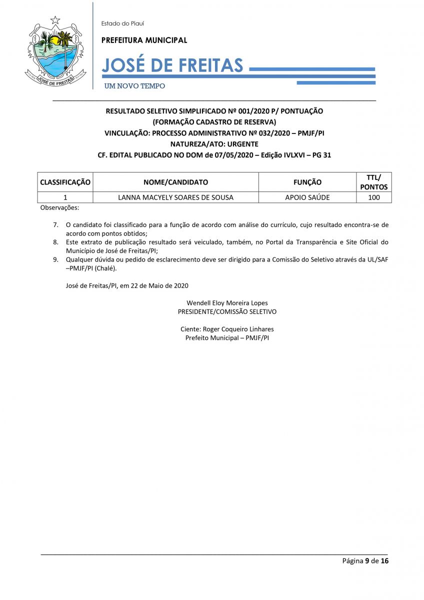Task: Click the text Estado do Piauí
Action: pyautogui.click(x=122, y=23)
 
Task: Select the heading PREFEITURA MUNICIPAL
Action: pyautogui.click(x=144, y=40)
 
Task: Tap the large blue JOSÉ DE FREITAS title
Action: pyautogui.click(x=172, y=65)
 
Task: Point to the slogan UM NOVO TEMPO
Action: pyautogui.click(x=134, y=86)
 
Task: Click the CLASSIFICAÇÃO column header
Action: pyautogui.click(x=65, y=182)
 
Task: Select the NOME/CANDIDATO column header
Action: pyautogui.click(x=175, y=182)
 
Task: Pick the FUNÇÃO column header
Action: pyautogui.click(x=307, y=182)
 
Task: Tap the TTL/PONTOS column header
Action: pyautogui.click(x=373, y=182)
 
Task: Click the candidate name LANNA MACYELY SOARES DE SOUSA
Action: pyautogui.click(x=175, y=197)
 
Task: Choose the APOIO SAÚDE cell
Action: pyautogui.click(x=307, y=197)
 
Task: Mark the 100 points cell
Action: pyautogui.click(x=373, y=197)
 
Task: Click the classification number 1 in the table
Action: pyautogui.click(x=65, y=197)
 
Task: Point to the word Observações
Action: pyautogui.click(x=59, y=207)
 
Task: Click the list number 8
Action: pyautogui.click(x=56, y=242)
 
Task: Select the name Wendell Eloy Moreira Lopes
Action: pyautogui.click(x=227, y=303)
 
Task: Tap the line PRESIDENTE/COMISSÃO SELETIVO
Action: pyautogui.click(x=227, y=311)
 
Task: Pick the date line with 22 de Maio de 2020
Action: pyautogui.click(x=127, y=285)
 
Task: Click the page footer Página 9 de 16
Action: pyautogui.click(x=365, y=560)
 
